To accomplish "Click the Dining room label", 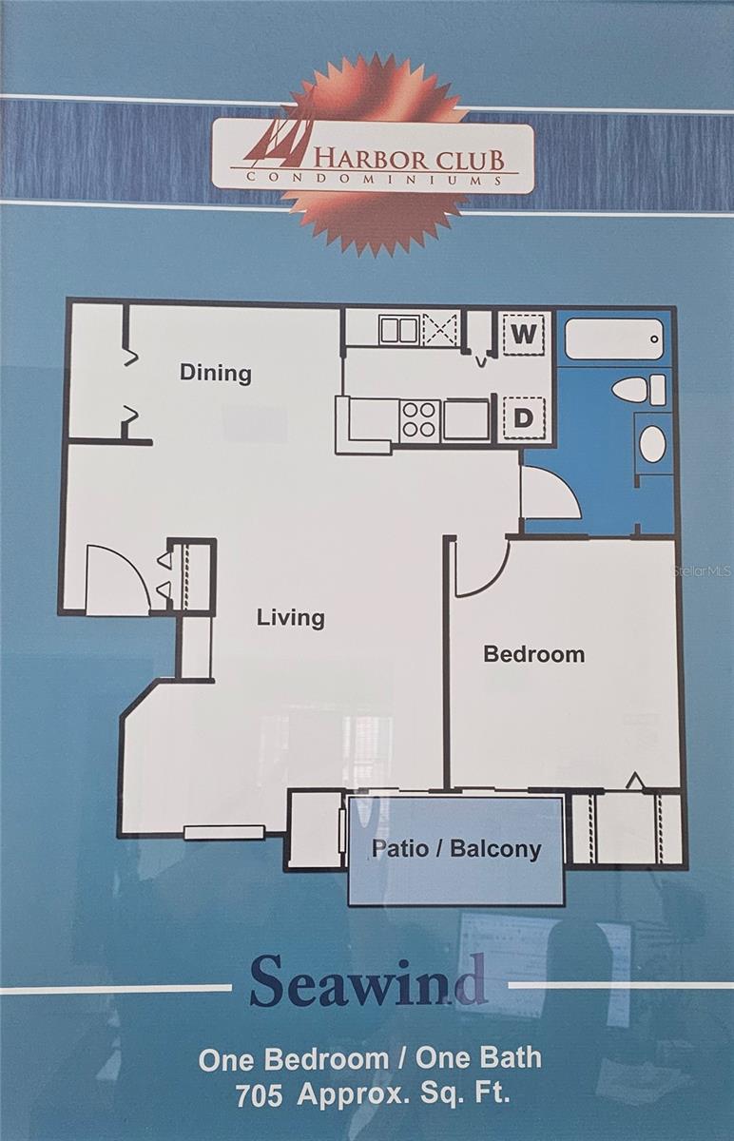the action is tap(216, 374).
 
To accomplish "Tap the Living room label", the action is tap(290, 618).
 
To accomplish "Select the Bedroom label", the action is tap(533, 654).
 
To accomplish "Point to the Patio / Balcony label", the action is tap(455, 848).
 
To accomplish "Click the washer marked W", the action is tap(524, 334).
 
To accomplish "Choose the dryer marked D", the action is tap(524, 418).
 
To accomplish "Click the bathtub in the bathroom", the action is tap(614, 338).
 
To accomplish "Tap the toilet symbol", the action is tap(639, 390).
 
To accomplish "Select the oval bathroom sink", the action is tap(652, 444).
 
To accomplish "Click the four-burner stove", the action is tap(420, 420).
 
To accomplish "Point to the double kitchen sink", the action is tap(399, 330).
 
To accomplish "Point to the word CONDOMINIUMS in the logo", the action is tap(375, 179).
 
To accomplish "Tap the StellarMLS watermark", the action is tap(703, 571).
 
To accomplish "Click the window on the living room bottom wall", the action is tap(224, 833).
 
